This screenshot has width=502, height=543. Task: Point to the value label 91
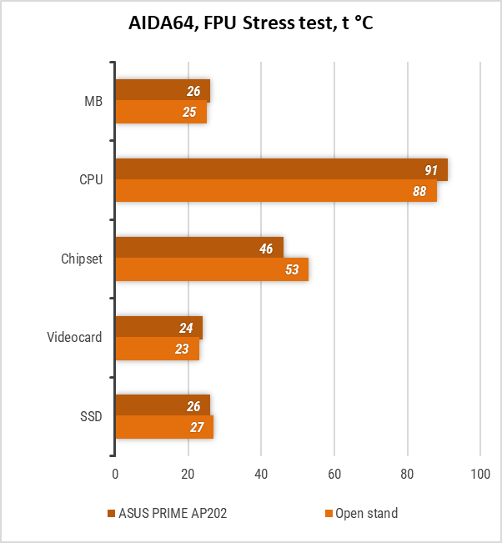[431, 170]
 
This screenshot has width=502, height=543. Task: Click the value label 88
[419, 191]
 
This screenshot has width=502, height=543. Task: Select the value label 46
[266, 249]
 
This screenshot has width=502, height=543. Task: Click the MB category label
[93, 102]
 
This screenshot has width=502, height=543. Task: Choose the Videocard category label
[75, 338]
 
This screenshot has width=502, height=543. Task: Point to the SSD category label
[91, 416]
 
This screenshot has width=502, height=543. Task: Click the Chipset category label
[82, 259]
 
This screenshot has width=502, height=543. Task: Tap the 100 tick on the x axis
[480, 474]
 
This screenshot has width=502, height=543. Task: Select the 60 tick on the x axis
[334, 474]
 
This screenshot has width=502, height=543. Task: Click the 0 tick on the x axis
[115, 474]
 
